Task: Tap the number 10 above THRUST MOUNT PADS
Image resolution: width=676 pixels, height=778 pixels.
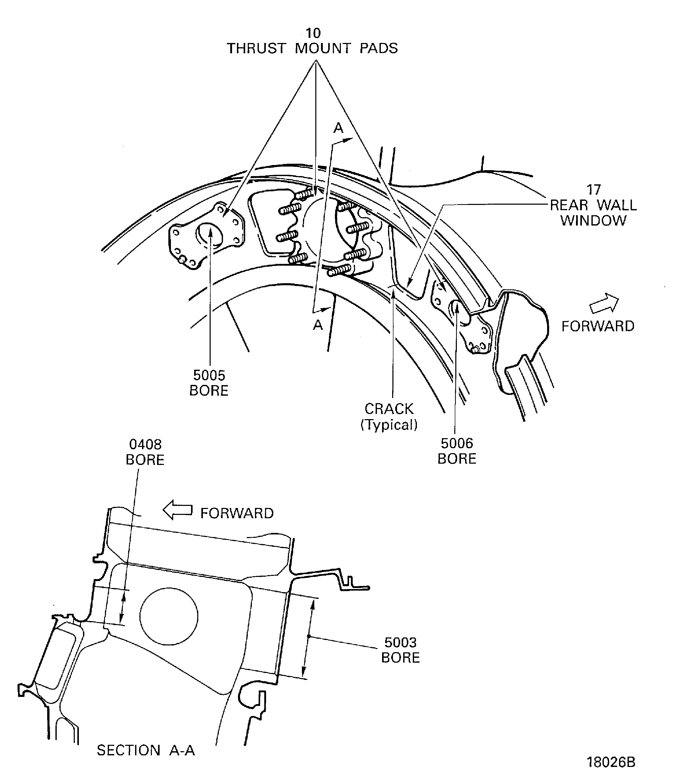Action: click(313, 33)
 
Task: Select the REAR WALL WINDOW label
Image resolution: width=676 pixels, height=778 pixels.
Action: click(593, 213)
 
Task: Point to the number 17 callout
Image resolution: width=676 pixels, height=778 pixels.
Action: click(593, 190)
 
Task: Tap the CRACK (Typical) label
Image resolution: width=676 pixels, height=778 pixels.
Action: click(389, 417)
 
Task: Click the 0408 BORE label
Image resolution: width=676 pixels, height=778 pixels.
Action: click(145, 452)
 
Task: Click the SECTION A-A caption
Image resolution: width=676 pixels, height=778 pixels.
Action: click(146, 750)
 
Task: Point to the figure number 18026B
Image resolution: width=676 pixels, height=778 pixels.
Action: click(611, 762)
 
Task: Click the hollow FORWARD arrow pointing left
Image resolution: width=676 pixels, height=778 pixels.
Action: click(177, 510)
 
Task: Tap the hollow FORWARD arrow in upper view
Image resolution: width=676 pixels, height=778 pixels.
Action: click(604, 303)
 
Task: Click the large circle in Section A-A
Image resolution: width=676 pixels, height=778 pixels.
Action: click(169, 616)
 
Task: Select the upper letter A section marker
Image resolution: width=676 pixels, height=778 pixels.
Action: click(338, 128)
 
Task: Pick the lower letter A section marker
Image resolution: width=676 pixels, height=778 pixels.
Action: click(318, 325)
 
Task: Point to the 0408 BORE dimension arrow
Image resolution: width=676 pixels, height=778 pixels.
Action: click(123, 607)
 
